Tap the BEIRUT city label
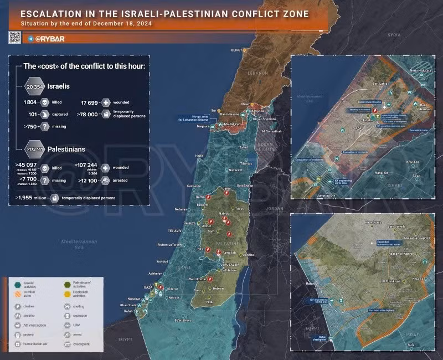click(x=237, y=50)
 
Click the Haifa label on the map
click(x=199, y=156)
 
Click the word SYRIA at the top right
click(x=394, y=34)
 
